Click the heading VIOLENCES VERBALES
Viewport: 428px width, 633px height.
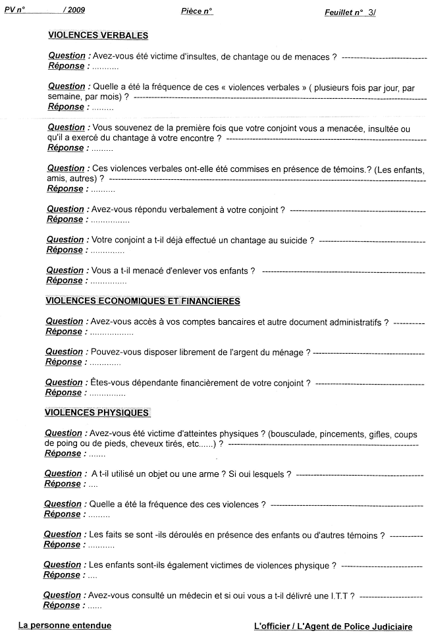pyautogui.click(x=98, y=36)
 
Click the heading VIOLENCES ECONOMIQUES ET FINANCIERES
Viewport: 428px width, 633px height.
pyautogui.click(x=142, y=301)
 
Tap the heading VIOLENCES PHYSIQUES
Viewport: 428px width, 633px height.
pyautogui.click(x=97, y=413)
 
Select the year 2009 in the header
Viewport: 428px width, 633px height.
pyautogui.click(x=74, y=11)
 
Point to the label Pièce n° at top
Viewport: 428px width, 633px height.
pyautogui.click(x=196, y=11)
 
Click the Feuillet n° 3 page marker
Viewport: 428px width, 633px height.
pyautogui.click(x=350, y=13)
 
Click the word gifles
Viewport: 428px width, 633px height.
pyautogui.click(x=378, y=434)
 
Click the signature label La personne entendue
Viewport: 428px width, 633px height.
pyautogui.click(x=65, y=626)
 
